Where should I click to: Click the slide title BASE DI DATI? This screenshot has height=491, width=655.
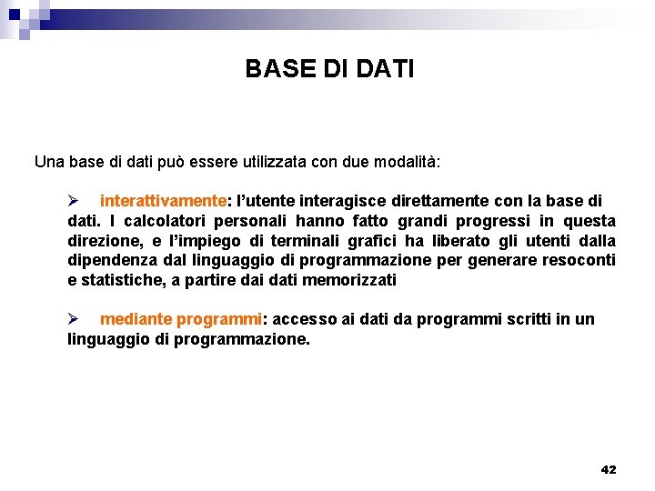click(329, 69)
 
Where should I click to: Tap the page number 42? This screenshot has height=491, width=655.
click(609, 469)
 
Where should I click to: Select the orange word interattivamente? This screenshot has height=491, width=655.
click(163, 200)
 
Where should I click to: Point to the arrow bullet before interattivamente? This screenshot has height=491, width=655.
click(76, 200)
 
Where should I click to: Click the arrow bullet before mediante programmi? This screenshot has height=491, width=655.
click(76, 319)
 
